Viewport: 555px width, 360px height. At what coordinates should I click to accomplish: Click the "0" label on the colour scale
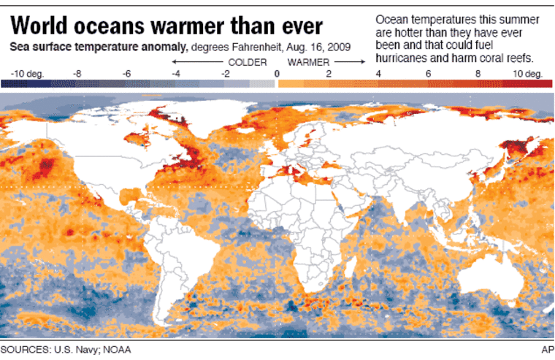point(276,74)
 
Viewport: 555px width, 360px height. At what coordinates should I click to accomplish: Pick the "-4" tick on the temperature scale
point(176,74)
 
